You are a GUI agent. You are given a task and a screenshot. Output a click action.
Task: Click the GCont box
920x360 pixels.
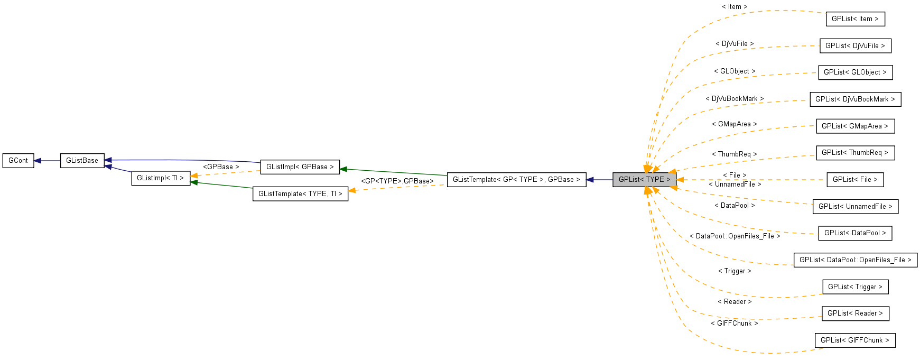tap(18, 161)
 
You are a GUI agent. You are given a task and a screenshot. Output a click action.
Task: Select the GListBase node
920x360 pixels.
tap(82, 161)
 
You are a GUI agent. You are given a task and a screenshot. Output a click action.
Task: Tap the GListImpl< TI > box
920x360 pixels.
tap(160, 178)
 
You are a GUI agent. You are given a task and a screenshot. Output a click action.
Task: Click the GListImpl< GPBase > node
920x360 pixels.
tap(300, 167)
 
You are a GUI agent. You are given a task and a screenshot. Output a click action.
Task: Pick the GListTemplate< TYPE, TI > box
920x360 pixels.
tap(300, 194)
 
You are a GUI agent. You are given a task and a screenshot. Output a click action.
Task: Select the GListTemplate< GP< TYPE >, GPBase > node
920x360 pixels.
tap(516, 180)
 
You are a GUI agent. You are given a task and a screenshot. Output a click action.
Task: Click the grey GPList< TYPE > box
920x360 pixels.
tap(644, 180)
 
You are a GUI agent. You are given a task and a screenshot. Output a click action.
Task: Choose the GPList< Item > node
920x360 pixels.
tap(855, 19)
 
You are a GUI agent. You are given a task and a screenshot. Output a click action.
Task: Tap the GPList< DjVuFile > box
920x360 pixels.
tap(855, 46)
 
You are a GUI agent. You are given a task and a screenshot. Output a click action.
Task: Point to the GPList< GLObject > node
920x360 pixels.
tap(855, 72)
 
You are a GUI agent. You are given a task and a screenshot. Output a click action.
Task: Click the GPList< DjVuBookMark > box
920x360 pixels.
tap(855, 99)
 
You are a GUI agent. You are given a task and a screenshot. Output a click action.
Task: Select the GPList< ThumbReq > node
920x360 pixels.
tap(855, 153)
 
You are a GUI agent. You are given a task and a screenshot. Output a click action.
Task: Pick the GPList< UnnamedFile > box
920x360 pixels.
tap(855, 207)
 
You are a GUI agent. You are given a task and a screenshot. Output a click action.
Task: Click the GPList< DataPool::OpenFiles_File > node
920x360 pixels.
tap(855, 260)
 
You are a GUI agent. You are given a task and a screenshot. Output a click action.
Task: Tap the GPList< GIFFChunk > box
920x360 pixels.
tap(855, 340)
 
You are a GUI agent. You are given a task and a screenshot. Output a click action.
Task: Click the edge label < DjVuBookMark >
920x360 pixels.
tap(735, 99)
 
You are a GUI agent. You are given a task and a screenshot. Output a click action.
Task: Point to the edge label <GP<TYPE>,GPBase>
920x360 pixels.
tap(397, 181)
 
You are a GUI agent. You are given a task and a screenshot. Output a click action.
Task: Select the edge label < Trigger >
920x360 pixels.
tap(735, 271)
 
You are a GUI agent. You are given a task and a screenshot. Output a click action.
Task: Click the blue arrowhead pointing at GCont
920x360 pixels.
tap(38, 161)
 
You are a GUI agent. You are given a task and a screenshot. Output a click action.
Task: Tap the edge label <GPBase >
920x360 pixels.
tap(221, 167)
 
